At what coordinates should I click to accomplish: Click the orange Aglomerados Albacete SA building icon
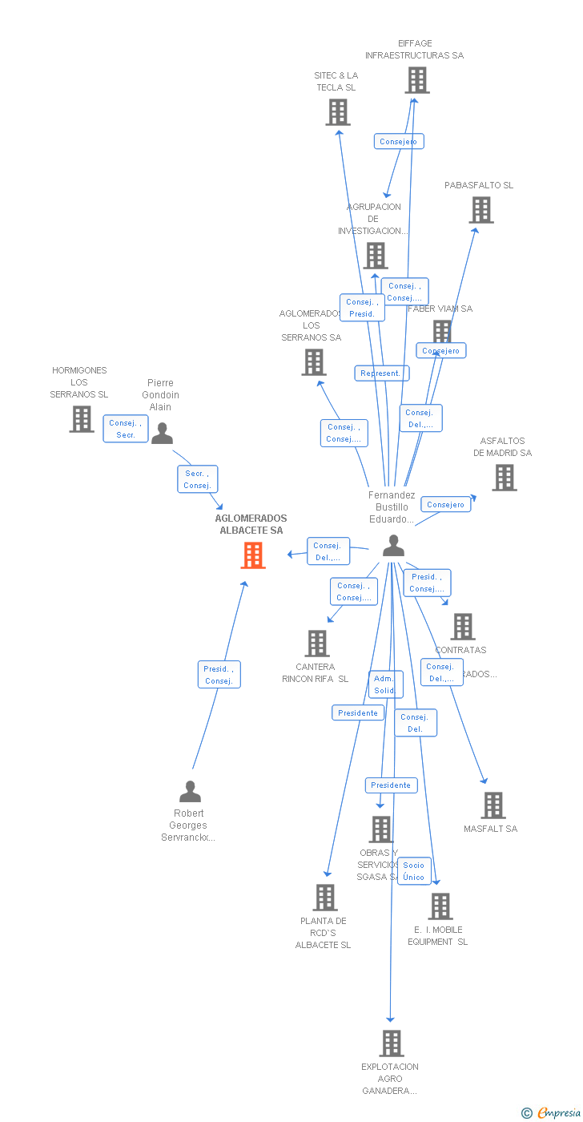point(253,555)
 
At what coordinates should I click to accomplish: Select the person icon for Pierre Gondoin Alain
point(162,434)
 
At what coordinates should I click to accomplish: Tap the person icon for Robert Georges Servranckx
point(190,792)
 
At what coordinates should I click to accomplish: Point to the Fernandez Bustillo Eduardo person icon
point(393,546)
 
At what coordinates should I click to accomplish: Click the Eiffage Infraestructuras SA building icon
point(416,80)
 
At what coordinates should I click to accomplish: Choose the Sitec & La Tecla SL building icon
point(338,112)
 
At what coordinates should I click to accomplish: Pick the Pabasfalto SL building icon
point(480,210)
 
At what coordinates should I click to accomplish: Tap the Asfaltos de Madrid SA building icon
point(504,478)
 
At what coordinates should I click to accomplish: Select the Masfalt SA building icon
point(493,805)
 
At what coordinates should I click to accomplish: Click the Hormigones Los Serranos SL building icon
point(81,418)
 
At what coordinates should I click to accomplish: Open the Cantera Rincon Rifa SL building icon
point(317,643)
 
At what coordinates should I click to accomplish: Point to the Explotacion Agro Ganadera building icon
point(391,1043)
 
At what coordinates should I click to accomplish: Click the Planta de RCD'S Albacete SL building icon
point(325,898)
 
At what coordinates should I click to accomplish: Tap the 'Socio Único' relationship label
point(414,871)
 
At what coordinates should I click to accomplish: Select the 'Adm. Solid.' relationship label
point(385,684)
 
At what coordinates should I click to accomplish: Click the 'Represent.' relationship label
point(381,373)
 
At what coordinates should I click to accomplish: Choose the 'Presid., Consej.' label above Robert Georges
point(219,675)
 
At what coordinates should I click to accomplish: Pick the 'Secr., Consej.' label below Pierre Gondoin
point(197,479)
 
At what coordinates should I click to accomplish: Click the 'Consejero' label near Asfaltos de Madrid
point(445,504)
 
